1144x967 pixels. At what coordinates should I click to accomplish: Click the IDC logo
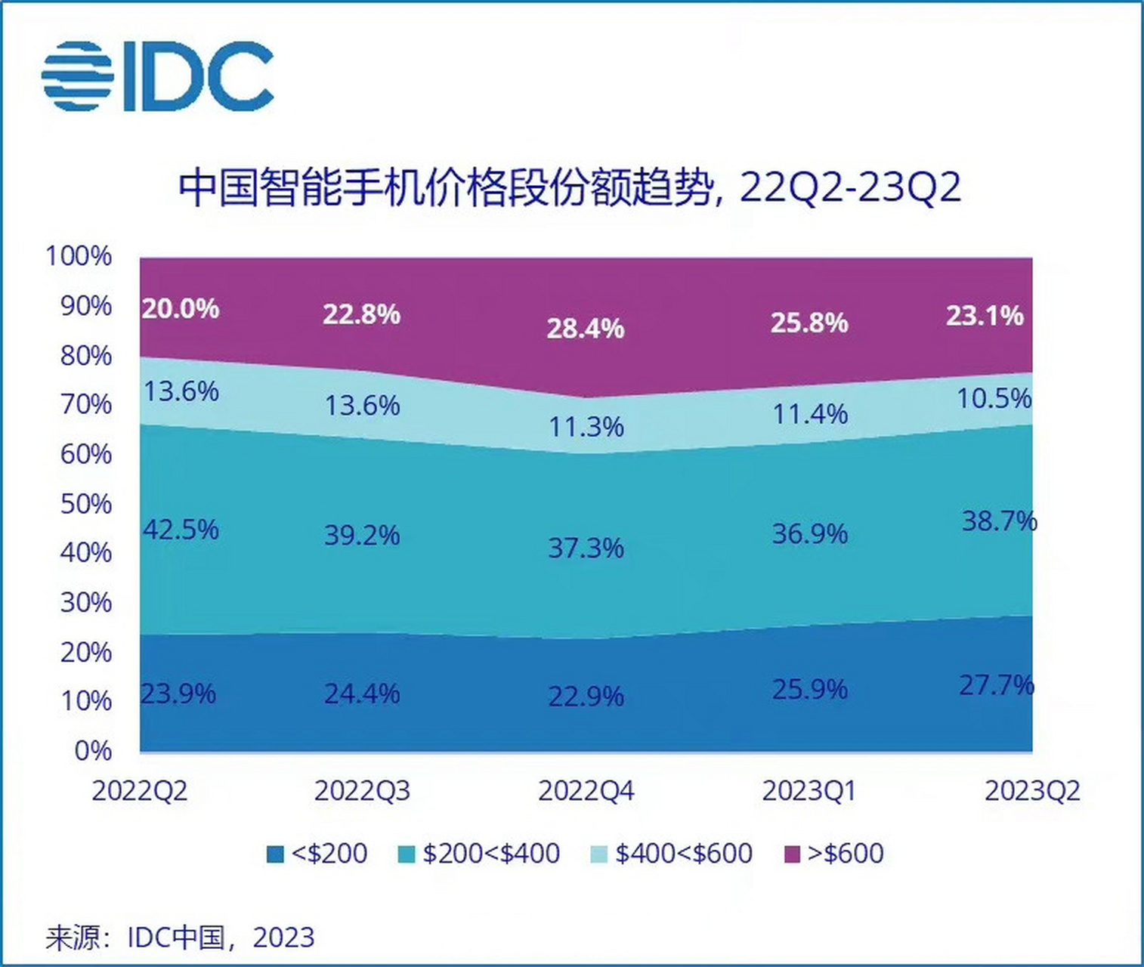tap(157, 76)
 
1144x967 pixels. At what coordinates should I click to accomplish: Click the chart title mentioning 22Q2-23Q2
tap(570, 187)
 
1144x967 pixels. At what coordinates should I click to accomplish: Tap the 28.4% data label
tap(586, 329)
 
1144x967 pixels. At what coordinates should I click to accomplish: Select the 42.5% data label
tap(181, 530)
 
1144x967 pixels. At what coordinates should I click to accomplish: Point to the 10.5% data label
tap(994, 398)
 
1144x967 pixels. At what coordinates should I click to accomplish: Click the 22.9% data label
tap(586, 696)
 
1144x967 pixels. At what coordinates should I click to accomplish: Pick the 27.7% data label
tap(996, 685)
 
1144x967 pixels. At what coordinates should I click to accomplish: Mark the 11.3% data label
tap(586, 427)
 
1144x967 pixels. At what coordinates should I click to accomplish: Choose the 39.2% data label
tap(362, 535)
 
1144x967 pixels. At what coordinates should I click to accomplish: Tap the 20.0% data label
tap(181, 308)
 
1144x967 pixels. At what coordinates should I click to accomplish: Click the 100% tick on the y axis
tap(79, 256)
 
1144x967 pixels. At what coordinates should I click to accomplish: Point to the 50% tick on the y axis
tap(85, 504)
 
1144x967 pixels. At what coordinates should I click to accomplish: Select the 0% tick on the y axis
tap(93, 751)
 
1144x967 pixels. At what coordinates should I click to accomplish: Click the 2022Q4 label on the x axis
tap(586, 791)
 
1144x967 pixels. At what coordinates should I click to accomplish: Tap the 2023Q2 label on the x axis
tap(1032, 791)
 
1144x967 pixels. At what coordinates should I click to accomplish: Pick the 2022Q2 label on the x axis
tap(140, 791)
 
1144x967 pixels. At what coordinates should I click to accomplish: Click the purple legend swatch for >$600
tap(791, 854)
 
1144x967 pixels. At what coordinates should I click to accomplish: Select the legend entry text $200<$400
tap(491, 854)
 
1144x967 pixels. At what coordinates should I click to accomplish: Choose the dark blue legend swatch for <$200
tap(275, 854)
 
